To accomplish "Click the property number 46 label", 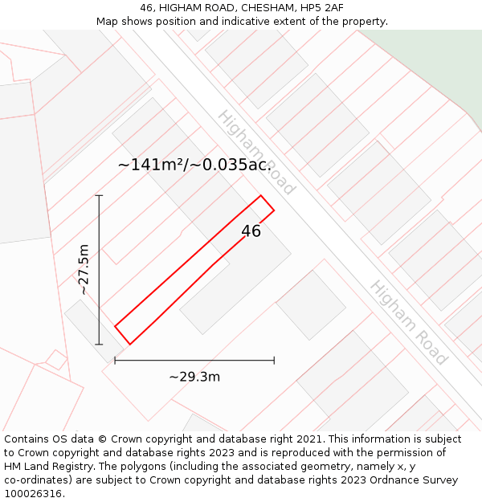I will point(251,231).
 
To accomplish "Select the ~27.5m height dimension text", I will point(84,270).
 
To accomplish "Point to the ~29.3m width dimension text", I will point(194,377).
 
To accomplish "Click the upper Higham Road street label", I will point(256,153).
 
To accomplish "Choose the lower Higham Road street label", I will point(408,322).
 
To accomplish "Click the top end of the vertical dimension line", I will point(99,195).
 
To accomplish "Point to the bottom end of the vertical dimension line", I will point(99,345).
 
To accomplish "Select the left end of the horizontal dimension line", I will point(115,361).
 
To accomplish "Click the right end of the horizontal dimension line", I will point(274,361).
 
